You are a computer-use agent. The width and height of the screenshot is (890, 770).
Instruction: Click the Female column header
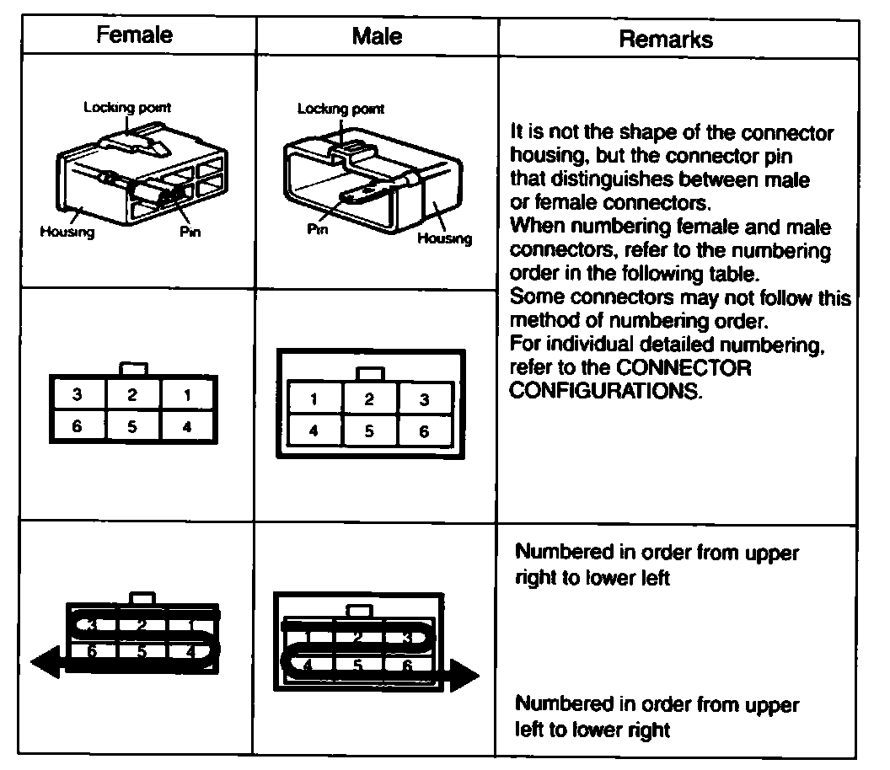(135, 35)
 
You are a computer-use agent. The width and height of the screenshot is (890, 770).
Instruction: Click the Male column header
(377, 35)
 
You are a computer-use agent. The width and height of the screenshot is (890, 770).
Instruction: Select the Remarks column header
(666, 39)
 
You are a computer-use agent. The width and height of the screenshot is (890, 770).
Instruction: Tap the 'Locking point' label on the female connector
(127, 108)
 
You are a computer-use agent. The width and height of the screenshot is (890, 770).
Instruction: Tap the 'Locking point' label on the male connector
(340, 109)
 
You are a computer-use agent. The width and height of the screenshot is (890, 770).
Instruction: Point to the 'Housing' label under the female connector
(67, 233)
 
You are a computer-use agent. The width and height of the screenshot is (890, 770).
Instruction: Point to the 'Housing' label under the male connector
(445, 238)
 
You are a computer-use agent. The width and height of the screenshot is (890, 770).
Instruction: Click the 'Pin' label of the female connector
(190, 233)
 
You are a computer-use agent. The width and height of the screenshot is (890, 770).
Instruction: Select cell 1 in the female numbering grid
(187, 394)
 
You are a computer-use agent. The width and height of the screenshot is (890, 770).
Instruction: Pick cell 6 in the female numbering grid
(77, 426)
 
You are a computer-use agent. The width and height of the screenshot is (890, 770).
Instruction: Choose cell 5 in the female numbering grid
(132, 426)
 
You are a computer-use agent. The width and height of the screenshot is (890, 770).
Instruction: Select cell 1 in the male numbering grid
(314, 400)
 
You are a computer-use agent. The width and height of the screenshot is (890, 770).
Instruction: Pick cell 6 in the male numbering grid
(424, 431)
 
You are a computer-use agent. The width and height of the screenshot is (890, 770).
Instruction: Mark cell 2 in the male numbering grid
(369, 400)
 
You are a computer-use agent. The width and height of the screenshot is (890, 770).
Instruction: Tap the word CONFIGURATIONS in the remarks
(605, 391)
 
